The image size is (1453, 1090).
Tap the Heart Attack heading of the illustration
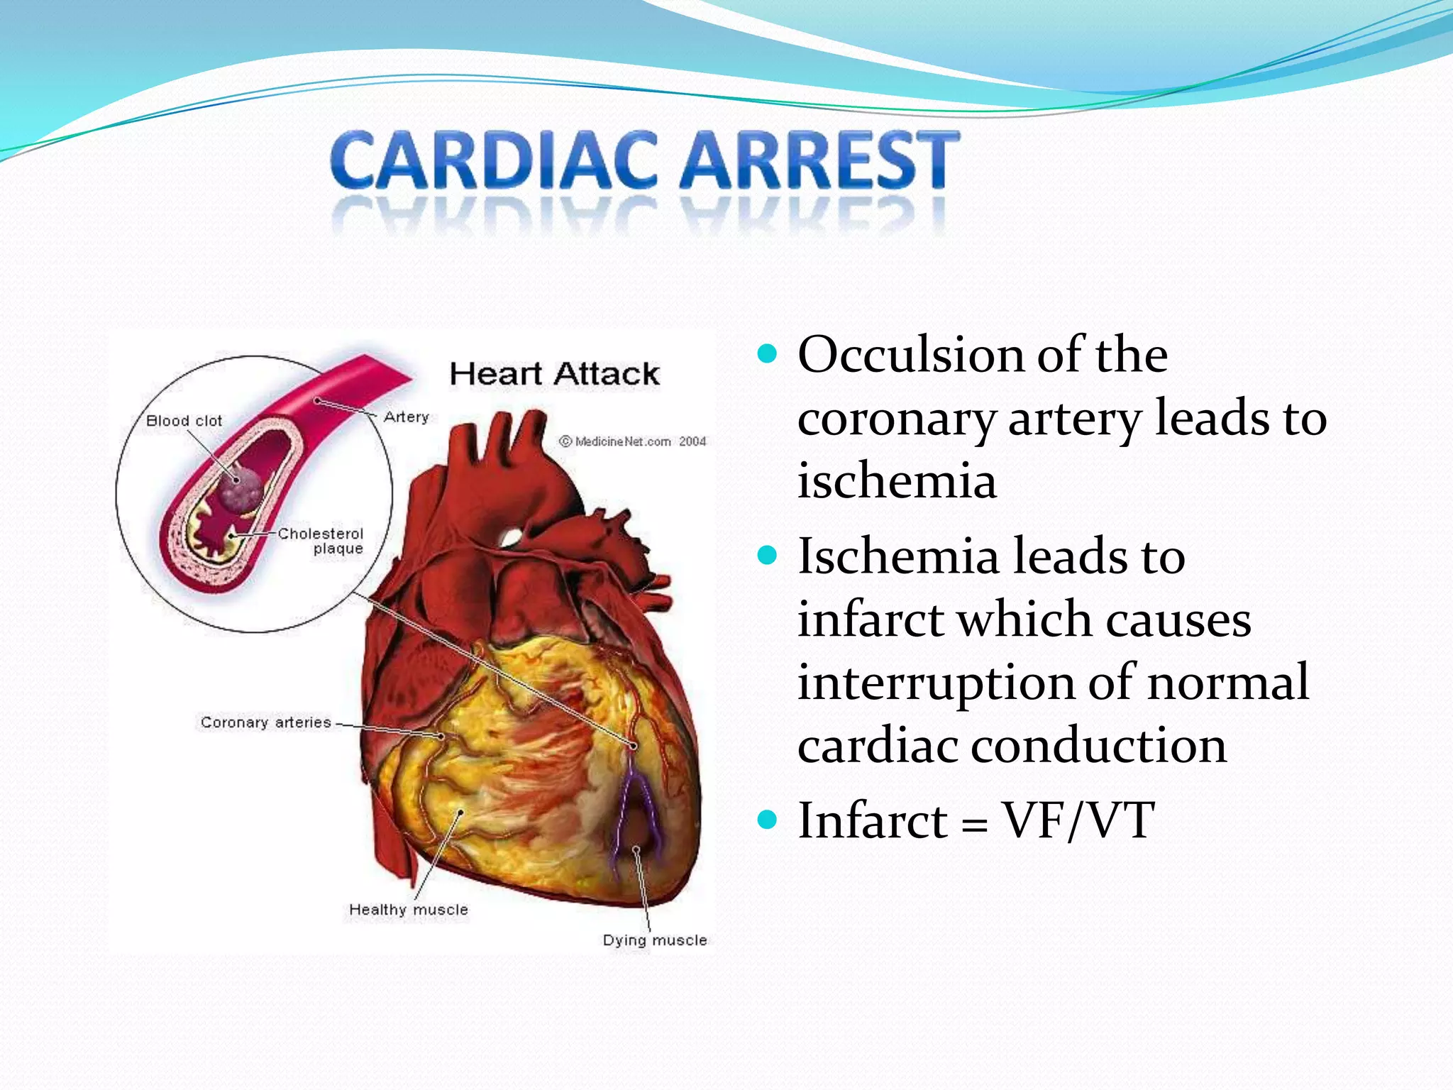pyautogui.click(x=554, y=374)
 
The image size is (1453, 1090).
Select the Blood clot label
pyautogui.click(x=184, y=421)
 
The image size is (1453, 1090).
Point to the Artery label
pyautogui.click(x=407, y=417)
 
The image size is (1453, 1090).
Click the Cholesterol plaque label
pyautogui.click(x=321, y=541)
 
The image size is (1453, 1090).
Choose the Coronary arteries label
pyautogui.click(x=265, y=722)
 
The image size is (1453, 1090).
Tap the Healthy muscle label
pyautogui.click(x=409, y=910)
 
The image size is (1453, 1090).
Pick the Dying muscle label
pyautogui.click(x=655, y=940)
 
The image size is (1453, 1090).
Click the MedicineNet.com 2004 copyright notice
pyautogui.click(x=633, y=441)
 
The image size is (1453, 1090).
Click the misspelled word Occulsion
pyautogui.click(x=911, y=354)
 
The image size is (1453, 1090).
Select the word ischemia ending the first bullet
pyautogui.click(x=897, y=481)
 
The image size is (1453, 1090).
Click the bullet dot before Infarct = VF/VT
pyautogui.click(x=767, y=820)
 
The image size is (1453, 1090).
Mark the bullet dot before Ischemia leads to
pyautogui.click(x=767, y=554)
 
